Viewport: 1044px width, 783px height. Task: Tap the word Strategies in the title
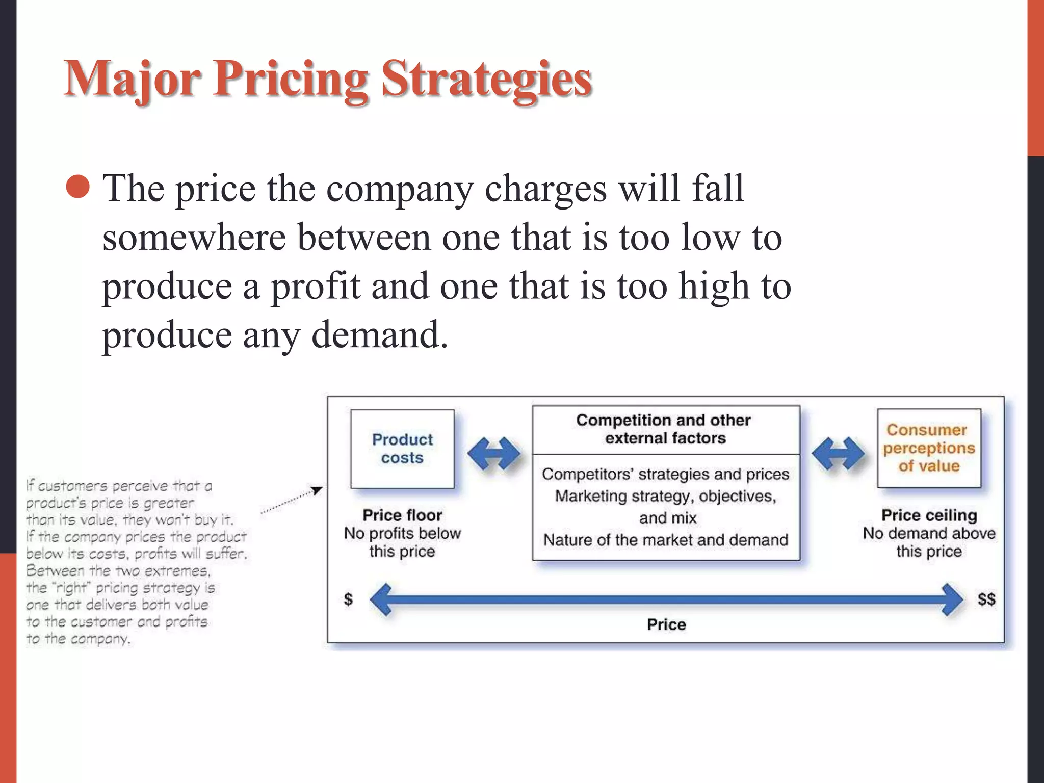487,79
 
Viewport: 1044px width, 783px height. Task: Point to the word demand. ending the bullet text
380,335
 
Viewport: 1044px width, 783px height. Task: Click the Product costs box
402,449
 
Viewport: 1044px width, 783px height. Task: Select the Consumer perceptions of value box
929,448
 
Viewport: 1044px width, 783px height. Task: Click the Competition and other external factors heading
664,429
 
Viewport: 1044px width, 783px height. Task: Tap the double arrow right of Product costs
493,453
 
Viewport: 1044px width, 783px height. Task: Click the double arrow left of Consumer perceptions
838,453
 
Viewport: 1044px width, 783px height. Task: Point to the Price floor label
402,515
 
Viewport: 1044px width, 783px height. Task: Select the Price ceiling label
929,515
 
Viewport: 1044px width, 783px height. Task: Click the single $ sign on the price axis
348,599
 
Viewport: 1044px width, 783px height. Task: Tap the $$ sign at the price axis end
986,599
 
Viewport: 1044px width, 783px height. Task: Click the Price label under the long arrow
666,624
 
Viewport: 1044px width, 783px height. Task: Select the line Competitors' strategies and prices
665,474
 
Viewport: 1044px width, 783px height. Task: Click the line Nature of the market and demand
665,540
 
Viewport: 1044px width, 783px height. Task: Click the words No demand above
929,534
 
